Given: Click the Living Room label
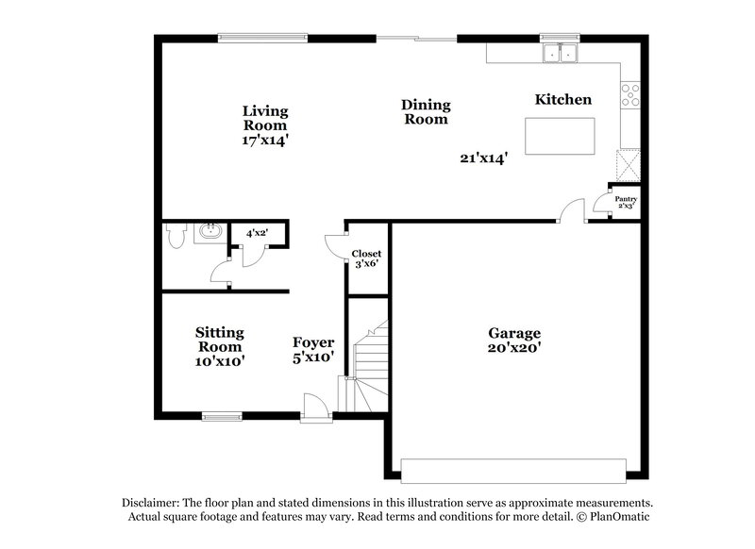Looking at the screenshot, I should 265,117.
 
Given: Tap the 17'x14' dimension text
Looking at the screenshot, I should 265,140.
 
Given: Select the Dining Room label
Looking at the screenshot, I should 426,112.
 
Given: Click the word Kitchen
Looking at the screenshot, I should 563,99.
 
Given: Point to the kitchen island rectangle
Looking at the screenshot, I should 561,136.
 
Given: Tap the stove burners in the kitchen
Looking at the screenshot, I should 629,95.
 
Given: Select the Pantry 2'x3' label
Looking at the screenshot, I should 626,203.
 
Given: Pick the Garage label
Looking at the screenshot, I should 514,333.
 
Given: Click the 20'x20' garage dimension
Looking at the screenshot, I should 514,348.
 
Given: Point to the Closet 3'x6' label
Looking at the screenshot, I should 366,258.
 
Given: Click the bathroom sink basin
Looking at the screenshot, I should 209,232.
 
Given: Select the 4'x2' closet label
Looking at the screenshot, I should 257,232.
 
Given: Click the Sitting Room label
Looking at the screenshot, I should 220,340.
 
